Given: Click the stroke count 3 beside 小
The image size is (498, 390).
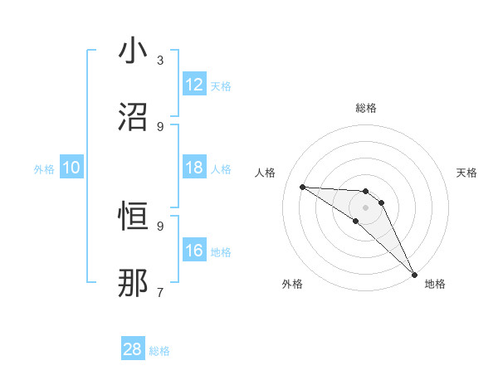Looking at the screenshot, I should [x=160, y=60].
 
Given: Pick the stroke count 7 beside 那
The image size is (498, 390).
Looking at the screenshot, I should [x=160, y=292].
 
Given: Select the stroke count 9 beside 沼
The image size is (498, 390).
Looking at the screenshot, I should [x=160, y=126].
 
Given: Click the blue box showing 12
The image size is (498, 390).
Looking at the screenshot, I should [x=193, y=85].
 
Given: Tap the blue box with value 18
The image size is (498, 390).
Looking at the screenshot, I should [x=193, y=168].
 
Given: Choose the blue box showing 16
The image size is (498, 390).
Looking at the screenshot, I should [x=193, y=251].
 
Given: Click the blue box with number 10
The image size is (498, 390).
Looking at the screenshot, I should [x=71, y=168].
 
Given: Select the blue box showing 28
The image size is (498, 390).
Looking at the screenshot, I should [x=133, y=349].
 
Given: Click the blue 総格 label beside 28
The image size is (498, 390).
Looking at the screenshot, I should [x=159, y=351].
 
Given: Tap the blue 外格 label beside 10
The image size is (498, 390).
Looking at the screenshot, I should [x=44, y=169].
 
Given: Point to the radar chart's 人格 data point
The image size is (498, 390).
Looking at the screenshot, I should [x=302, y=187].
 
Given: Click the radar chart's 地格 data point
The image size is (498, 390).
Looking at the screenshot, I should [x=414, y=274].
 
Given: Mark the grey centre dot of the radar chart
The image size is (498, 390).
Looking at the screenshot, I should [x=365, y=207].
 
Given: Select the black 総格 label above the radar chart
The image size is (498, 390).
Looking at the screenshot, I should [x=365, y=108].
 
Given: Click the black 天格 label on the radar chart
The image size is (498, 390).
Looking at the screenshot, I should [x=466, y=173].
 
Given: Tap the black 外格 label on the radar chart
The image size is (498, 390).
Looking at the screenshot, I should [x=292, y=284].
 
